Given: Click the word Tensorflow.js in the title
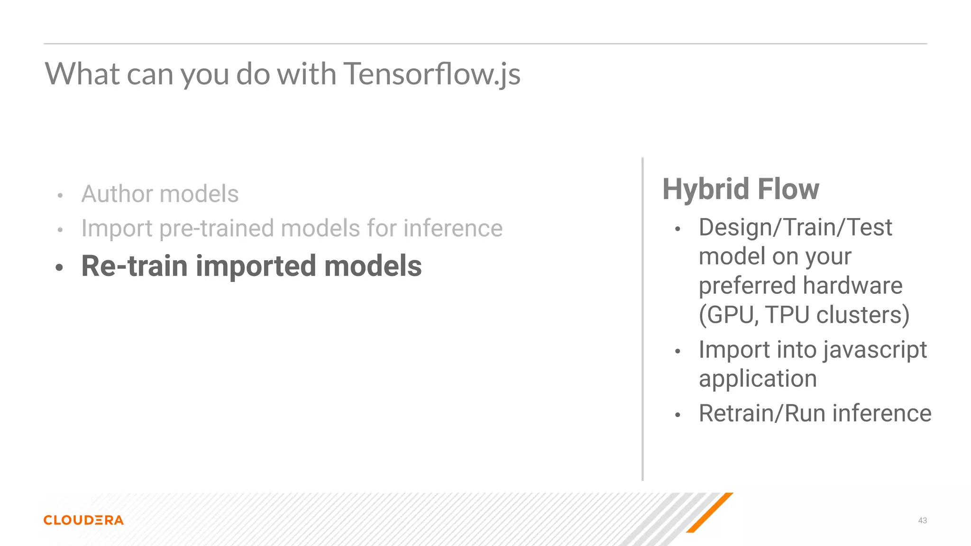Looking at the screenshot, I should click(431, 75).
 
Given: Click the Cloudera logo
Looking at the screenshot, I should click(83, 520).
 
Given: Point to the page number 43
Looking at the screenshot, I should click(922, 520).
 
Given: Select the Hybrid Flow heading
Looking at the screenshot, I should click(741, 189).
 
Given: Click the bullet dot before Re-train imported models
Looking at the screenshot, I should click(59, 268).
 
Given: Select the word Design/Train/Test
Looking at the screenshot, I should click(795, 227).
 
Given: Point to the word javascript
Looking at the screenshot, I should click(875, 351).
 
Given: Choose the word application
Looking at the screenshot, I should click(758, 379).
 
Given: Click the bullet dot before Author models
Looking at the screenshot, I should click(60, 196).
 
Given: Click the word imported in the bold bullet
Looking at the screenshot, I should click(256, 266).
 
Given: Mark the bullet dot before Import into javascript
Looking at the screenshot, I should click(678, 352).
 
